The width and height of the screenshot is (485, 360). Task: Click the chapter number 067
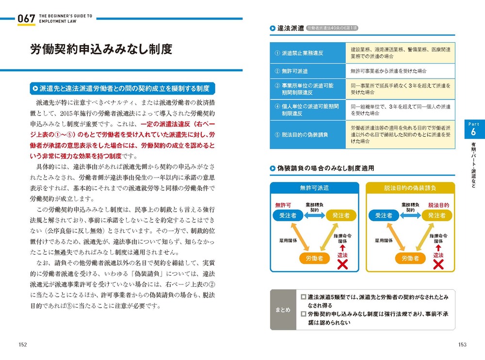pos(26,19)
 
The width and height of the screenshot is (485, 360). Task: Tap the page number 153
pos(462,344)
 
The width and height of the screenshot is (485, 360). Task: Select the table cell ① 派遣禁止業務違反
pos(307,53)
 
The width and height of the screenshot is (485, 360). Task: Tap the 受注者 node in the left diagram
pos(288,215)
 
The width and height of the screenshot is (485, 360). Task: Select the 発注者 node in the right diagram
pos(436,215)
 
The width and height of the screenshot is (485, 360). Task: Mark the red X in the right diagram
pos(438,264)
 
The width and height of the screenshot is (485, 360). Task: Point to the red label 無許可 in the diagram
pos(282,205)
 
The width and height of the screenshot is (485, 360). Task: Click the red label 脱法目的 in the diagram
pos(438,205)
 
